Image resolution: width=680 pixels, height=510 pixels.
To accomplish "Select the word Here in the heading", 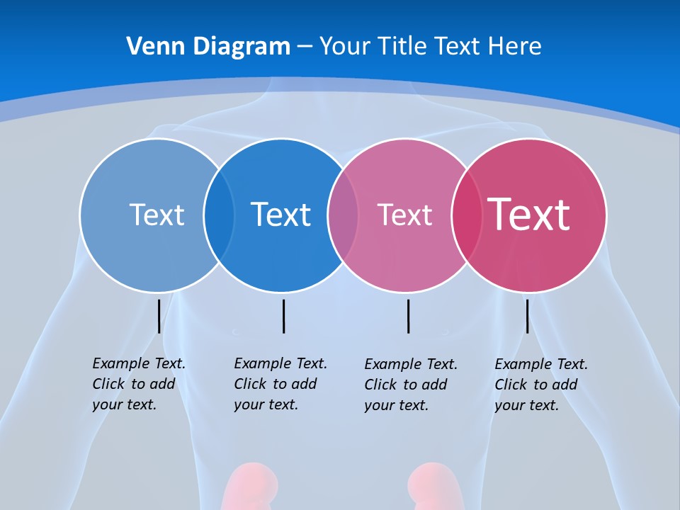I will (515, 46).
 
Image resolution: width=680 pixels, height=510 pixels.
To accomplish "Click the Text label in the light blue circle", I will (157, 215).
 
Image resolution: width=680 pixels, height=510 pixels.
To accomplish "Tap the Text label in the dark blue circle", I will (280, 215).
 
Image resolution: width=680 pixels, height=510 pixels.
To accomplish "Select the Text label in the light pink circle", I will (404, 215).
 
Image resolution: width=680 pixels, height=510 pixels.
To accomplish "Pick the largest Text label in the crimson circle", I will (528, 214).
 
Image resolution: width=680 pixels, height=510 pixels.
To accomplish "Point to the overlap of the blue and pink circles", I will (343, 215).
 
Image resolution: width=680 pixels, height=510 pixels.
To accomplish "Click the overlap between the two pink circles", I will (466, 215).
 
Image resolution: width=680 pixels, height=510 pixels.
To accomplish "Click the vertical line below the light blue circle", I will (159, 316).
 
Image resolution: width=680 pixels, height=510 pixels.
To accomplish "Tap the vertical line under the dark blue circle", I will (283, 316).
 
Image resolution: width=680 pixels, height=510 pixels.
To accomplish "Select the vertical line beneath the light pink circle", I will (408, 316).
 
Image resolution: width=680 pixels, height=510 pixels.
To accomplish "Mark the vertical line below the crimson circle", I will (527, 316).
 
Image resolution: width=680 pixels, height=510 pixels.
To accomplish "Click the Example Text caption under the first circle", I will (138, 384).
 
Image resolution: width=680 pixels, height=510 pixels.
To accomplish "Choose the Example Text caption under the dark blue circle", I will (280, 384).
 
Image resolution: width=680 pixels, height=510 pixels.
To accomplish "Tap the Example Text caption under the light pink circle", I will (410, 385).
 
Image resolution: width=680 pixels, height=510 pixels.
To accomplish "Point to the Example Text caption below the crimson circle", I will (540, 385).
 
